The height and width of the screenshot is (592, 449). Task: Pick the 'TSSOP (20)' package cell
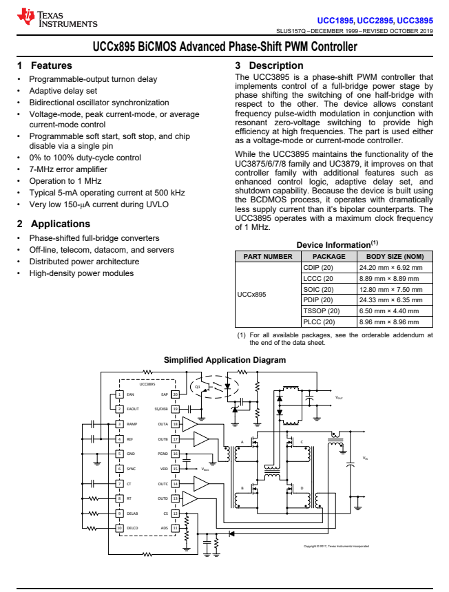(x=321, y=311)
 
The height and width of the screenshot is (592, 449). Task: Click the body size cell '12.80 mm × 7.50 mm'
(x=390, y=289)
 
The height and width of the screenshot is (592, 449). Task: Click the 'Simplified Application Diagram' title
(x=224, y=360)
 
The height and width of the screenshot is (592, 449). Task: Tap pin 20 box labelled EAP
(x=176, y=394)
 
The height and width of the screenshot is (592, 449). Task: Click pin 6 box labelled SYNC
(x=120, y=469)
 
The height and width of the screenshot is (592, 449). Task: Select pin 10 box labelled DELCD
(x=120, y=528)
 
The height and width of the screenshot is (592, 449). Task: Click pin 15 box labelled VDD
(x=176, y=469)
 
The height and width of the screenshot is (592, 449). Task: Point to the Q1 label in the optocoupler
(x=198, y=387)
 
